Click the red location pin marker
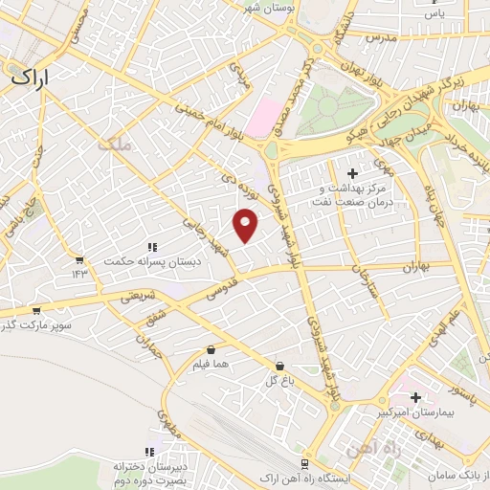[x=247, y=224]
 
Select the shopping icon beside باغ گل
[x=279, y=366]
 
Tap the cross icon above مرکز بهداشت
[x=353, y=173]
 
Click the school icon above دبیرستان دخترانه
[x=148, y=452]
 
